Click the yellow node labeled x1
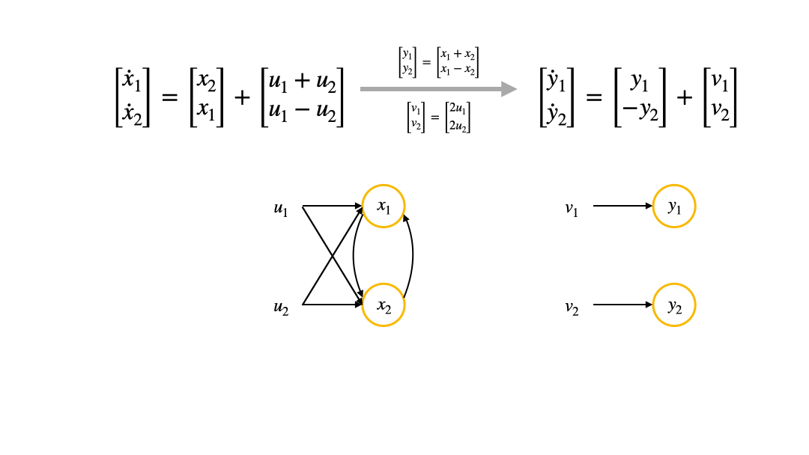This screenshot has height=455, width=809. (x=384, y=206)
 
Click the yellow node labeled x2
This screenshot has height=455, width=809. (x=384, y=305)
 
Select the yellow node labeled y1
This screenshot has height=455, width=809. (x=674, y=206)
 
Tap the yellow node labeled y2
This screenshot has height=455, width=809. (x=674, y=305)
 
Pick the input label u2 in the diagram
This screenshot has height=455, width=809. (x=281, y=306)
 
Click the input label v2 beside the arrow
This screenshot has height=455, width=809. (x=572, y=306)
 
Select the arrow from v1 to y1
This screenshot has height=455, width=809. (x=622, y=206)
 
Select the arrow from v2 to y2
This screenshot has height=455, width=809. (x=622, y=305)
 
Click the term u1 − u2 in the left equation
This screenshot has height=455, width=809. (x=303, y=112)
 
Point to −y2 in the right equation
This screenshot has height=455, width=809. (x=639, y=113)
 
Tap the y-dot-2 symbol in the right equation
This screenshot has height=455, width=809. (x=557, y=113)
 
